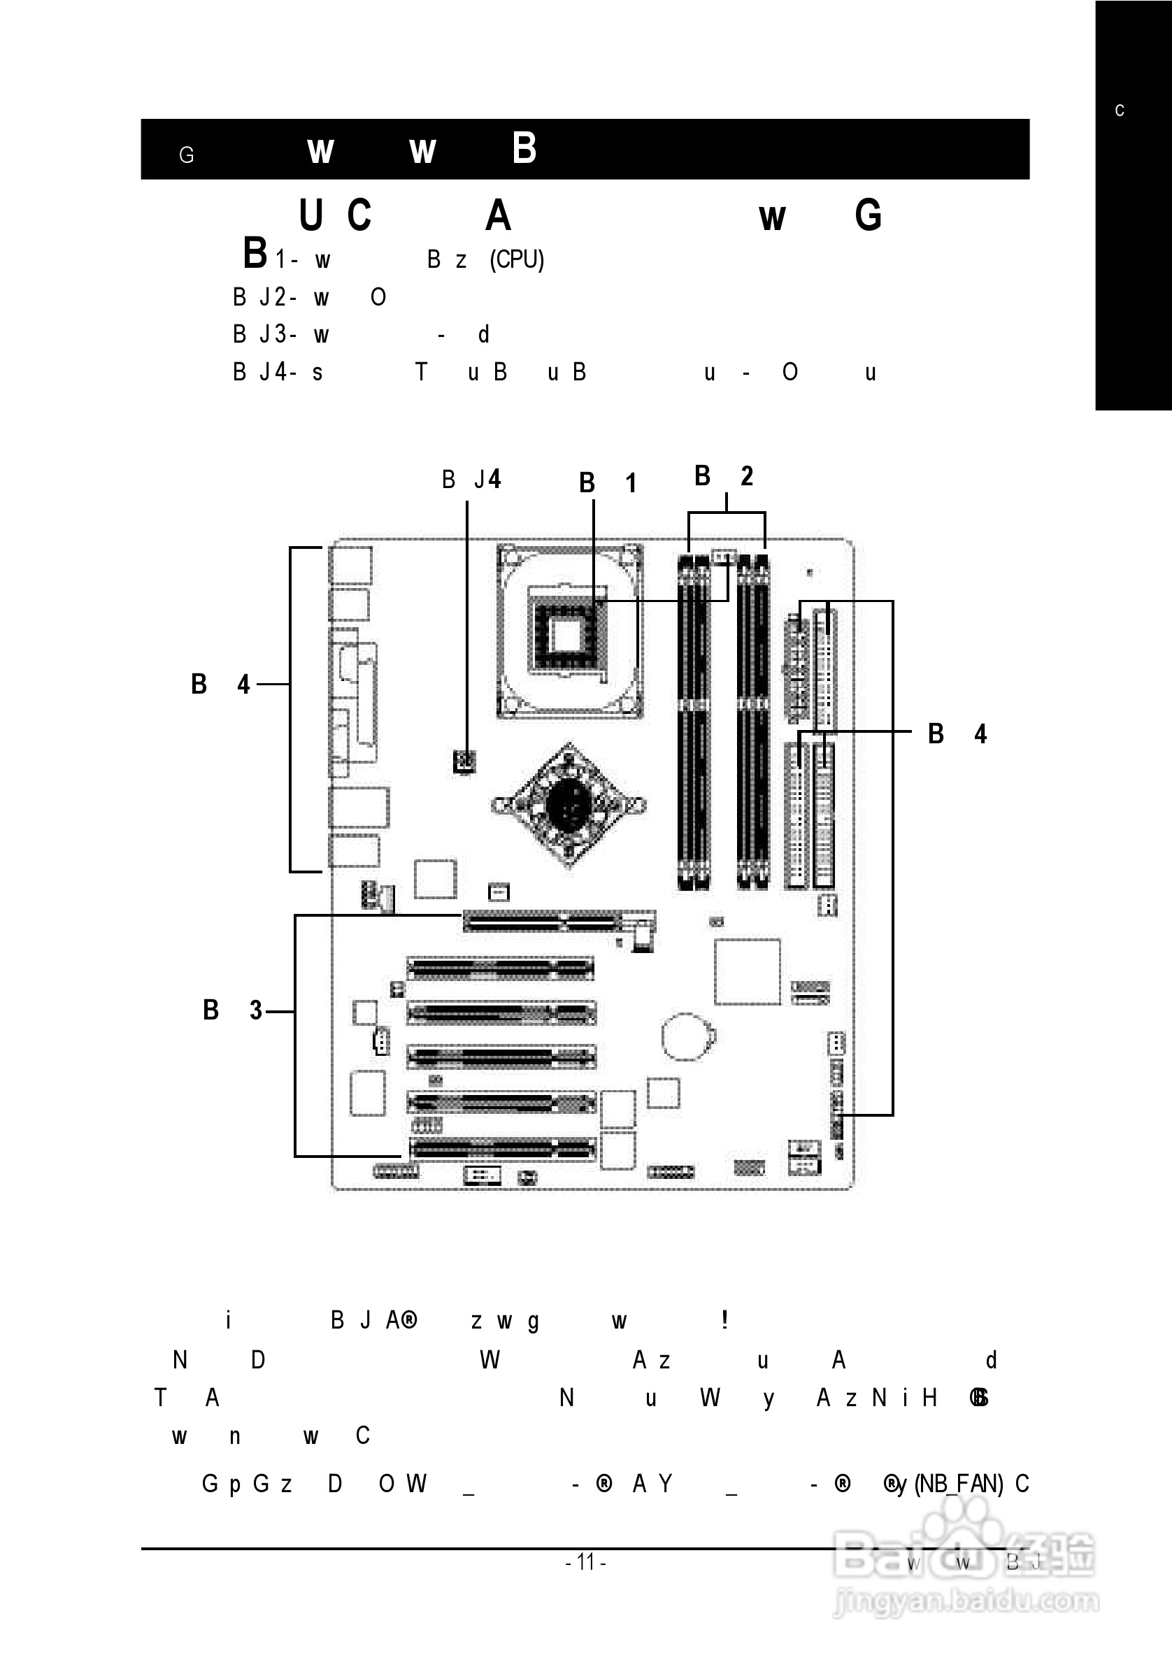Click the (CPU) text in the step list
click(x=516, y=259)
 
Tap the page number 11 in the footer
click(x=585, y=1561)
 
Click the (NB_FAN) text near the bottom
click(x=959, y=1484)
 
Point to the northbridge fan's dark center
click(x=569, y=804)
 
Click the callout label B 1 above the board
click(x=608, y=482)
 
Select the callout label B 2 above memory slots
click(x=723, y=476)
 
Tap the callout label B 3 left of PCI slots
click(x=232, y=1010)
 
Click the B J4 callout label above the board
click(x=471, y=479)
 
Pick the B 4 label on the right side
click(x=957, y=734)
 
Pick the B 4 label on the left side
click(x=220, y=684)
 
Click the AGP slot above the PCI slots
click(x=541, y=923)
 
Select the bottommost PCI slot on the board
click(x=501, y=1150)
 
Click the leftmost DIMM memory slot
click(x=685, y=722)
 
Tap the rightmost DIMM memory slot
click(x=761, y=722)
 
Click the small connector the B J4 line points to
click(x=465, y=761)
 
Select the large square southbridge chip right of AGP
click(x=748, y=971)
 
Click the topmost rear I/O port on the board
click(x=352, y=565)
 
